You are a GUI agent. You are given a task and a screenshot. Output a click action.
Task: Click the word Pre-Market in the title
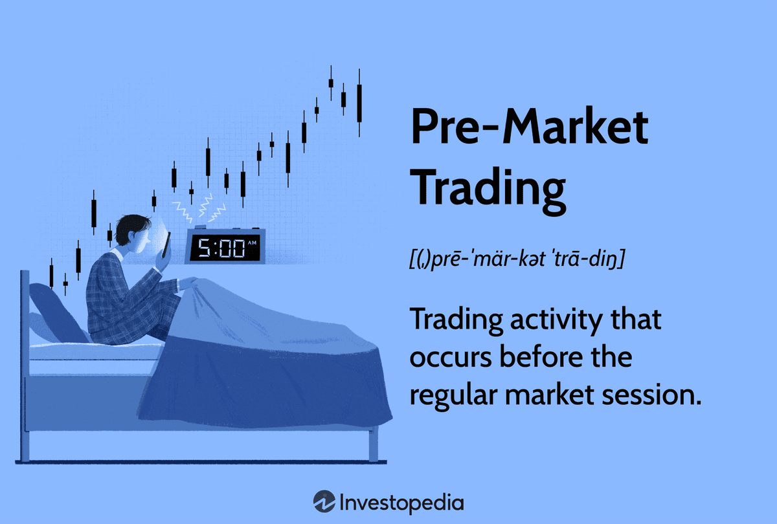pos(529,128)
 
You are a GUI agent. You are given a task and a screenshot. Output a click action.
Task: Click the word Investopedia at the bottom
pos(401,502)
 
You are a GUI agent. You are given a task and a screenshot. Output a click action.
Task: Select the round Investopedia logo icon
pos(324,501)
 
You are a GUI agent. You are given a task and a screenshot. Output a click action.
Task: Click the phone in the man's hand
pos(166,245)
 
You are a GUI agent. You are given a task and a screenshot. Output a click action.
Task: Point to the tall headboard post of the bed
pos(25,362)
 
